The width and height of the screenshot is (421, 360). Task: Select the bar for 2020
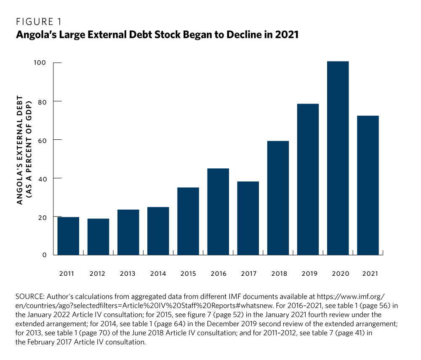(x=338, y=158)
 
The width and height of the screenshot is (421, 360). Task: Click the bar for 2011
(x=68, y=236)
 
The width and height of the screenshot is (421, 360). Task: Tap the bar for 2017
(x=248, y=218)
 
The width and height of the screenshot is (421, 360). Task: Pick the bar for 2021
(x=368, y=185)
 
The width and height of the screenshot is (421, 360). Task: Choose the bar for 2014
(x=158, y=231)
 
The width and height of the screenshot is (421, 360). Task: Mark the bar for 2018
(x=278, y=198)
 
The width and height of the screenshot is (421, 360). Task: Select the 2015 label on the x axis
(x=188, y=274)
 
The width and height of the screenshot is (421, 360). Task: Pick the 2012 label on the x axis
(x=97, y=274)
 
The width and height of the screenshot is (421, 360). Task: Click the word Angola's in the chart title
(x=34, y=35)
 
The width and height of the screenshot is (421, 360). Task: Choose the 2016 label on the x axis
(x=218, y=274)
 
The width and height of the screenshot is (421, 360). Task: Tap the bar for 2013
(x=128, y=232)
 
